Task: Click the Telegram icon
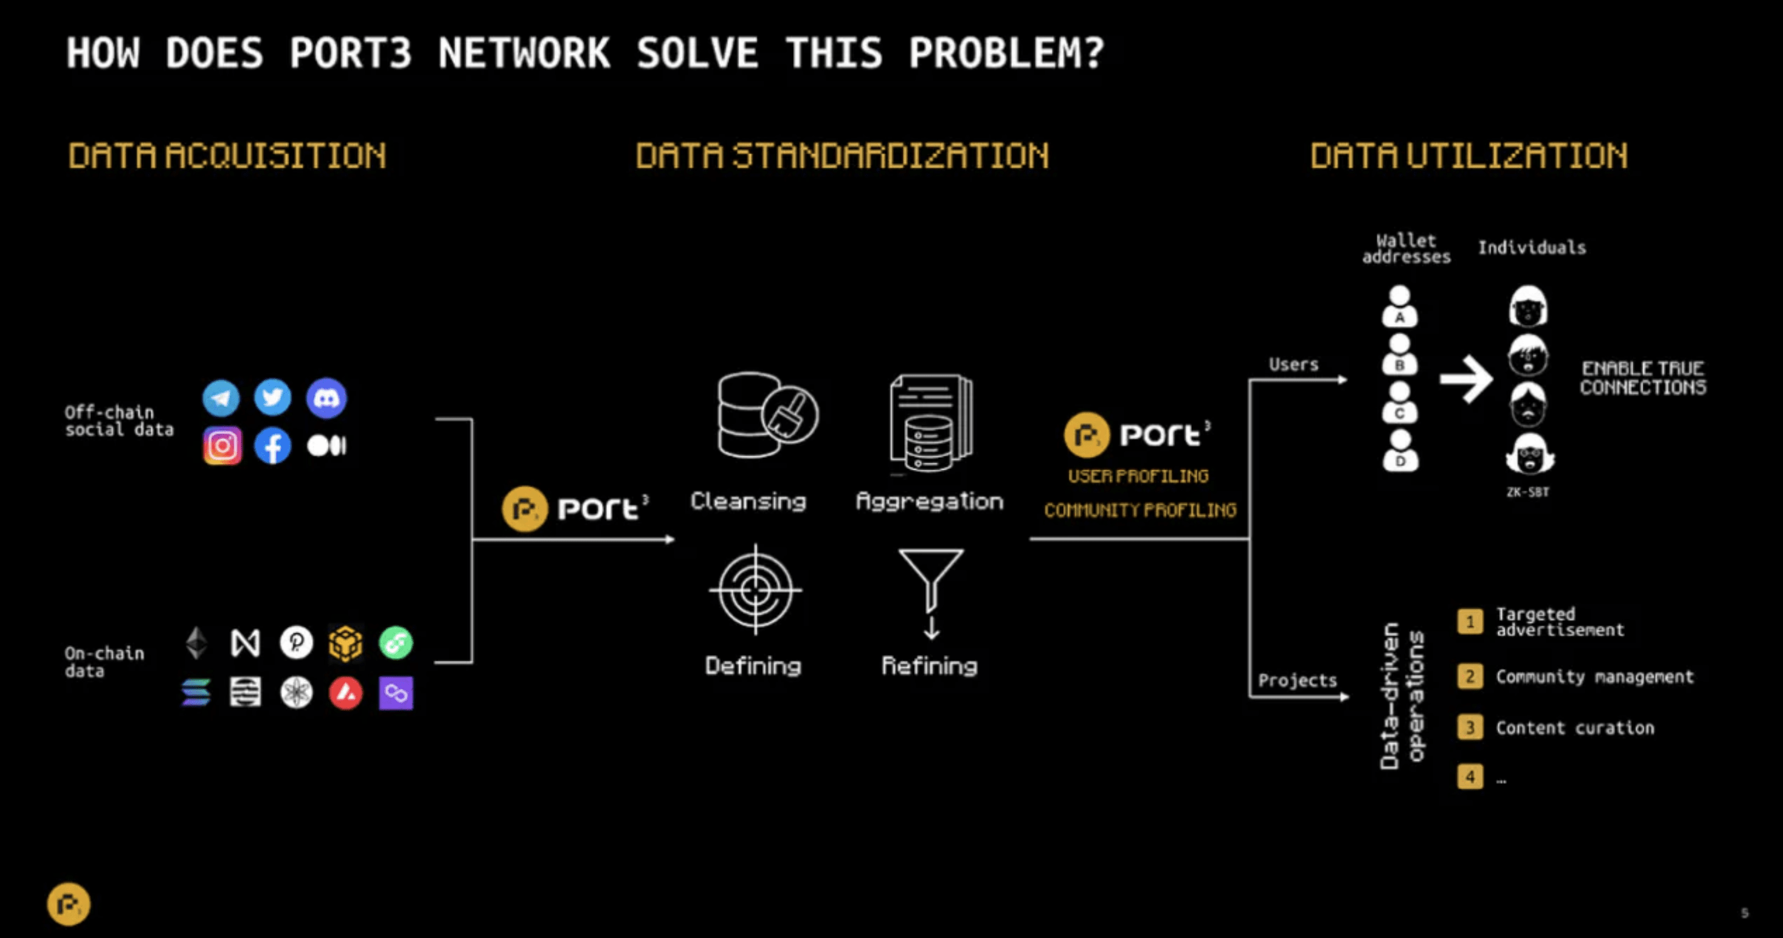tap(221, 398)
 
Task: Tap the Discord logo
tap(326, 398)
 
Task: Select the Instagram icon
tap(222, 445)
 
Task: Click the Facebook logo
tap(273, 445)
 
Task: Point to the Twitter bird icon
tap(273, 398)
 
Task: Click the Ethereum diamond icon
tap(197, 643)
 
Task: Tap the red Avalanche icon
tap(345, 692)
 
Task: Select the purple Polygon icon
tap(396, 692)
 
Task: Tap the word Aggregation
tap(930, 501)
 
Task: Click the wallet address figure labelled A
tap(1399, 306)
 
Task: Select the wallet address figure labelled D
tap(1400, 451)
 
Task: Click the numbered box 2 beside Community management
tap(1470, 676)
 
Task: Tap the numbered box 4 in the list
tap(1470, 777)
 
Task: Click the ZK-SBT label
tap(1528, 492)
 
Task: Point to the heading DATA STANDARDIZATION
tap(842, 155)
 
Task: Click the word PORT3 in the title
tap(350, 53)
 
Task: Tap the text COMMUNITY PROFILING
tap(1140, 510)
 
